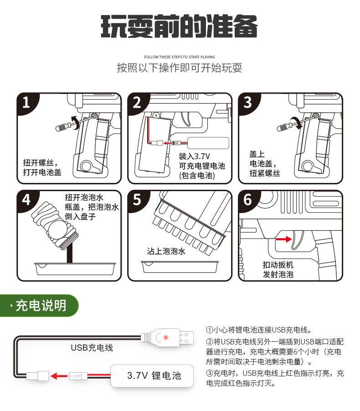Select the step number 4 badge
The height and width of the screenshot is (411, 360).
[x=26, y=199]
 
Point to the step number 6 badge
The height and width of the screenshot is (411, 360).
[x=247, y=199]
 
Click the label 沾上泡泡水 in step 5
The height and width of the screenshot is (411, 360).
[x=166, y=251]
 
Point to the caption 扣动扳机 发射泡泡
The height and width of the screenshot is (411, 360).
[x=278, y=269]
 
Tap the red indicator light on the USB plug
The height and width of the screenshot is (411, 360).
[x=166, y=337]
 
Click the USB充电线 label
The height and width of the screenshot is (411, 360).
[x=92, y=348]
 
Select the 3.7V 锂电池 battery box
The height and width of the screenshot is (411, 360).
[x=154, y=375]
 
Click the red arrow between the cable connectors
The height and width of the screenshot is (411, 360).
[x=59, y=376]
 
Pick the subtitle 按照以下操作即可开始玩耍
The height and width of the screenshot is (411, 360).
[x=179, y=68]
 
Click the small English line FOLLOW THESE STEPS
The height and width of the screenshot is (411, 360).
[x=179, y=57]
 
